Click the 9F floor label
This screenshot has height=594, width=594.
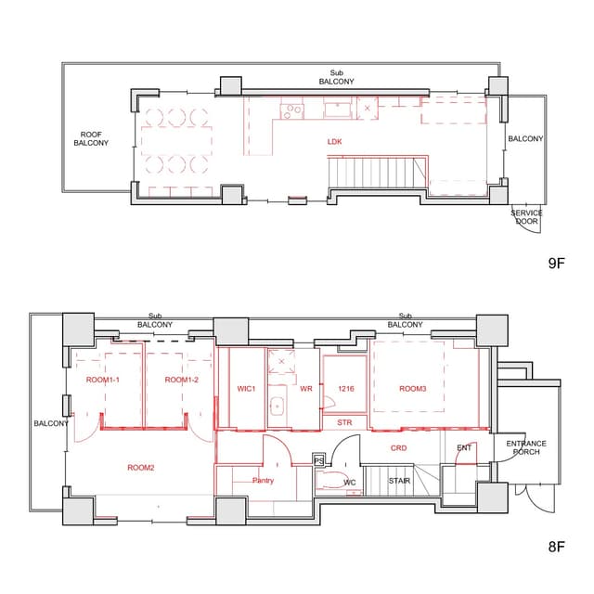coord(557,263)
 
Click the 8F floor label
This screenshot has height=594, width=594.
coord(557,547)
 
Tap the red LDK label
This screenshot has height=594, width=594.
coord(334,142)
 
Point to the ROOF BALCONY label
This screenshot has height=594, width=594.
coord(91,138)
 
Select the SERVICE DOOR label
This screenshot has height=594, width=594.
coord(526,217)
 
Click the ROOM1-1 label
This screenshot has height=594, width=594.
coord(103,380)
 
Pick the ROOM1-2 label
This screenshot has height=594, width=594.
coord(182,380)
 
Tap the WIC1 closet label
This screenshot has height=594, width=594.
coord(246,389)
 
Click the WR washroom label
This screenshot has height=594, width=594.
coord(306,389)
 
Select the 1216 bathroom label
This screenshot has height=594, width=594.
coord(346,389)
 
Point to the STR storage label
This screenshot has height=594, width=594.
coord(344,422)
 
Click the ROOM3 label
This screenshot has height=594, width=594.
coord(412,389)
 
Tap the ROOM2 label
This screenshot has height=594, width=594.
coord(141,468)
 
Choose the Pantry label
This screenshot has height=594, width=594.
coord(263,481)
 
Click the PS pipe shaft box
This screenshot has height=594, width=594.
coord(319,460)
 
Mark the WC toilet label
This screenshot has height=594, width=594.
coord(349,483)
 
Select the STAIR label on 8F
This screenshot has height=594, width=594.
coord(399,481)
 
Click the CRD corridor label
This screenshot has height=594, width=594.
coord(398,448)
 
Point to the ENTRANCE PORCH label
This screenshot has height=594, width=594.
coord(526,447)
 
